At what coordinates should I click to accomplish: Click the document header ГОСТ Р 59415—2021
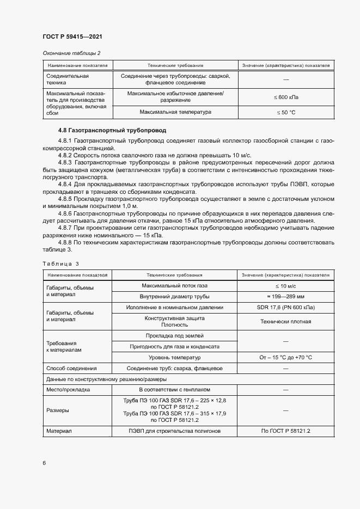click(x=72, y=36)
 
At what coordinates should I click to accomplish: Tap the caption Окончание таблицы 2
click(x=71, y=53)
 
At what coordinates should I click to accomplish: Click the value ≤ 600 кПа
click(x=285, y=97)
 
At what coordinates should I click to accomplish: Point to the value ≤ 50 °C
click(x=285, y=112)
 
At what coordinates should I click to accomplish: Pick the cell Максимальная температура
click(x=175, y=112)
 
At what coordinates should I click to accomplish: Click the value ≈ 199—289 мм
click(x=285, y=297)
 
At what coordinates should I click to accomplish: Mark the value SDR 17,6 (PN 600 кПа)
click(x=285, y=308)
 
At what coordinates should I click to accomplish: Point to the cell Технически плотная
click(x=285, y=321)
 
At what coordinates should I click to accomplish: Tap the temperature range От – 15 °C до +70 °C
click(x=285, y=358)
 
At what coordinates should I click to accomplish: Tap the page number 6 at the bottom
click(x=44, y=463)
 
